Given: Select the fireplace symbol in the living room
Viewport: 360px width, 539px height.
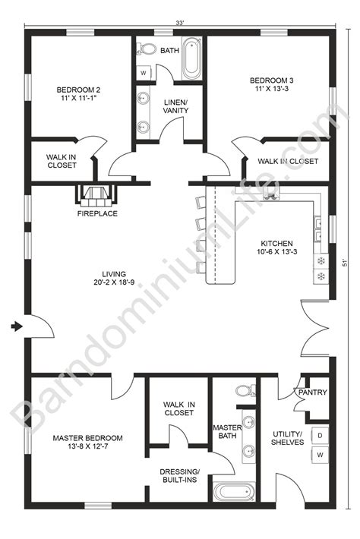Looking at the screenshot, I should [96, 195].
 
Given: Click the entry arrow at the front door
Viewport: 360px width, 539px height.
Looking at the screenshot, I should [17, 326].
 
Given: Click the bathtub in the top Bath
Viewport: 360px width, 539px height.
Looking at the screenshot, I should [191, 60].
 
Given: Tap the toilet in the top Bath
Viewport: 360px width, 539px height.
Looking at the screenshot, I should [145, 49].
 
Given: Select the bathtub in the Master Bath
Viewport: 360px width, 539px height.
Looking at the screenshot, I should [233, 492].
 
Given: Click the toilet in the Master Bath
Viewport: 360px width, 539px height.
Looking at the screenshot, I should [244, 391].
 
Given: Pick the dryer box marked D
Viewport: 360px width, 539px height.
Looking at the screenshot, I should [319, 435].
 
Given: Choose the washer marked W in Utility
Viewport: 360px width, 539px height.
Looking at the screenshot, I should [319, 455].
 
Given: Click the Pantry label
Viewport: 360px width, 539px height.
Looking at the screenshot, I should [312, 392].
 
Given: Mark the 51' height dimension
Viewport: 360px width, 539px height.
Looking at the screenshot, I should [345, 262].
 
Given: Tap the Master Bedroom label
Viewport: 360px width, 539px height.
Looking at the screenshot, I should [87, 443].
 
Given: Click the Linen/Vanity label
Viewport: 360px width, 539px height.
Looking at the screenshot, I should [175, 106].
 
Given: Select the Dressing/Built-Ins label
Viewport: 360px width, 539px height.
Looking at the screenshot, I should [179, 475].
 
